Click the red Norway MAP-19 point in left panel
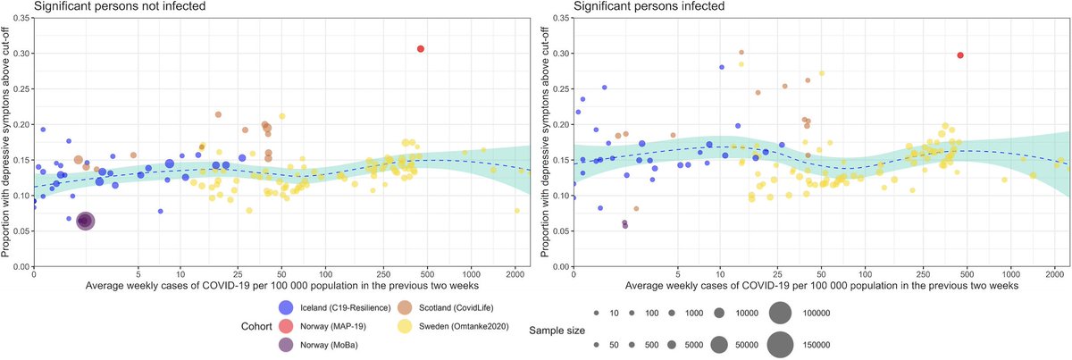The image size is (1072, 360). click(x=420, y=48)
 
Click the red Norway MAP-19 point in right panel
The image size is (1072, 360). click(x=960, y=55)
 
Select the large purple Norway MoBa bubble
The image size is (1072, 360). click(x=85, y=220)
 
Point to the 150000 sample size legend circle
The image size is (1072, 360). click(x=780, y=344)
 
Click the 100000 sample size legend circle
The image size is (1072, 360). click(x=780, y=314)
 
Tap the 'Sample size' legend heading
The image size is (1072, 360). click(x=557, y=330)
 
